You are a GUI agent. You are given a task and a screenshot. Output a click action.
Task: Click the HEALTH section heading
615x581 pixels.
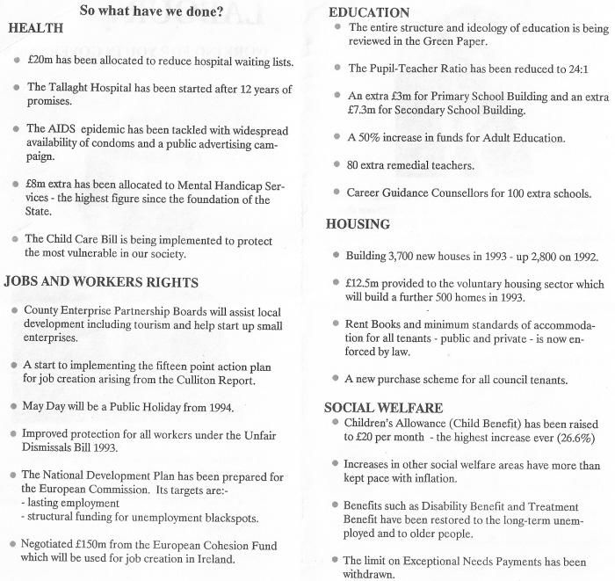(x=35, y=28)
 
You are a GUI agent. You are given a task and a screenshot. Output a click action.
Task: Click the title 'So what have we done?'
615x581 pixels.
(x=151, y=11)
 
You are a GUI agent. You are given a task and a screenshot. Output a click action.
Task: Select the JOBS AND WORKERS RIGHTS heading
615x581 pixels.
(x=101, y=282)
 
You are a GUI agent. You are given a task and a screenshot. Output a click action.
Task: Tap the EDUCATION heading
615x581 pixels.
(x=369, y=12)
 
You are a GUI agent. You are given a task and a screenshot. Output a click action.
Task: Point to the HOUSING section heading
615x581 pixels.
(x=358, y=224)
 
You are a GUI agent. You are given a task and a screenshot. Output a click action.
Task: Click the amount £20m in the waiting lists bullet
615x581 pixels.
(x=40, y=62)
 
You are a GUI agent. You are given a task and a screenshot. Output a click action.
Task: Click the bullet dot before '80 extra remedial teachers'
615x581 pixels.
(x=337, y=164)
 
